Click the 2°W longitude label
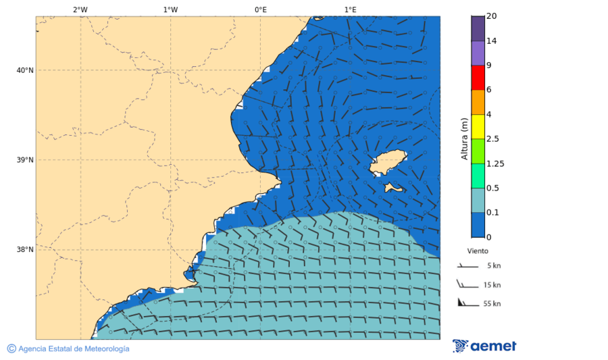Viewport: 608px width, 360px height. pos(80,9)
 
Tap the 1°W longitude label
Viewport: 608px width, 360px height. pos(170,9)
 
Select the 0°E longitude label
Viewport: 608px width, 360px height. pos(260,9)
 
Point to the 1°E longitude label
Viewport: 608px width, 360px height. pos(350,9)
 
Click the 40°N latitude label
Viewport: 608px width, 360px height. pos(25,70)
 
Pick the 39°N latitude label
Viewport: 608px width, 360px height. pos(25,160)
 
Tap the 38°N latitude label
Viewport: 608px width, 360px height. pos(25,249)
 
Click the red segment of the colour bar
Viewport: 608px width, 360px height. pos(478,78)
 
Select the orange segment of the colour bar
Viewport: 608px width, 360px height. pos(478,102)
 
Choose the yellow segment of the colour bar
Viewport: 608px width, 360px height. pos(478,126)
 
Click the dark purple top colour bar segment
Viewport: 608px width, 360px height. pos(478,28)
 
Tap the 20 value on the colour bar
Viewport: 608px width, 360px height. pos(491,16)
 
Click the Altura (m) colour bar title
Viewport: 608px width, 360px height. pos(464,138)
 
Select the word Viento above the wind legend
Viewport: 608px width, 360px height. pos(478,251)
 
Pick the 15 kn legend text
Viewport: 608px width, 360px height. pos(492,285)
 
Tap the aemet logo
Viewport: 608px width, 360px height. pos(484,346)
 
